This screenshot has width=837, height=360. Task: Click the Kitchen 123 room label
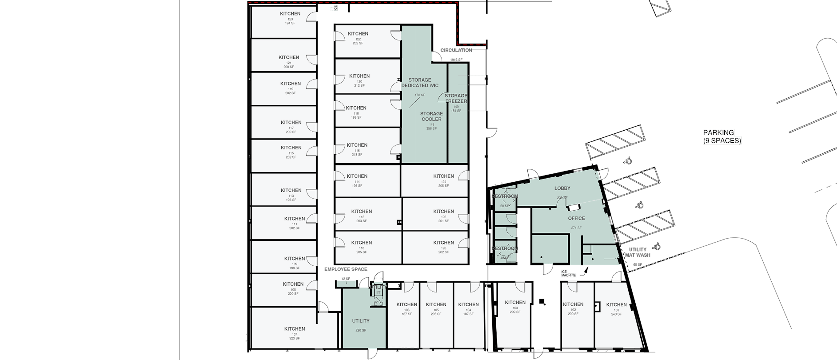click(290, 14)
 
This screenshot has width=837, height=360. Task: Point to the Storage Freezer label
click(456, 98)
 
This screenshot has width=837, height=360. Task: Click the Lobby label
click(562, 188)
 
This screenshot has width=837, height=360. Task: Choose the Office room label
click(576, 218)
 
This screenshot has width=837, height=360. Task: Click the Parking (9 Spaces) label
click(722, 136)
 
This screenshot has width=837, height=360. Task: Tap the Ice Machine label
click(568, 274)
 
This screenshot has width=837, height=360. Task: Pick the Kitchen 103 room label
click(515, 302)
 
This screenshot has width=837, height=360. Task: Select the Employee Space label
click(346, 269)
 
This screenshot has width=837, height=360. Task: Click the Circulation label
click(456, 50)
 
